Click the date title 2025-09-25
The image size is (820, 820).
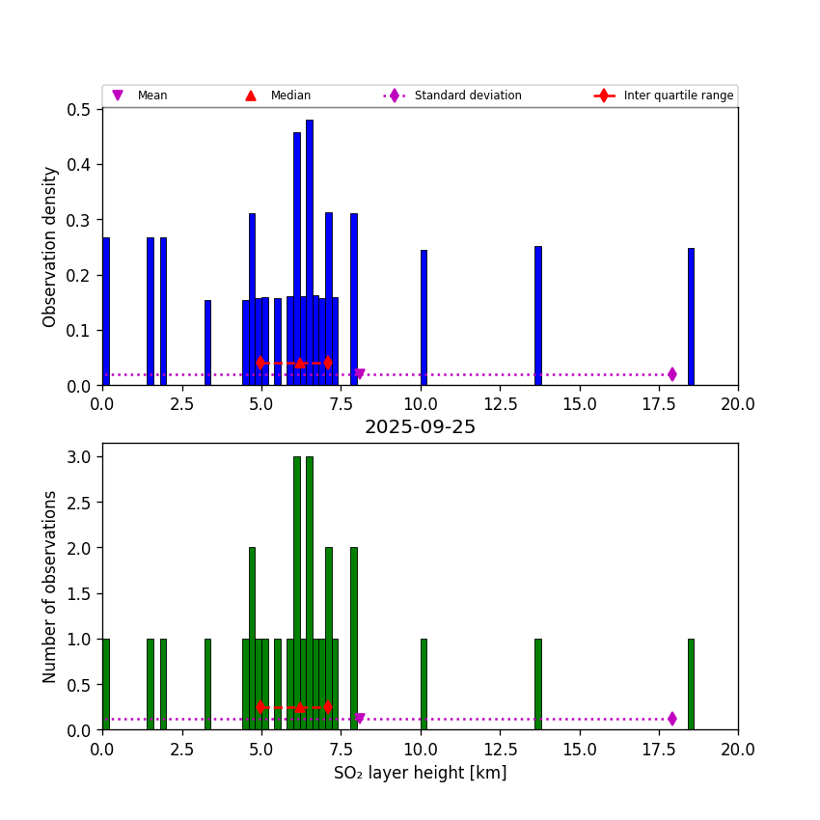(x=420, y=427)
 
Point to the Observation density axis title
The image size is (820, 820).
(x=50, y=246)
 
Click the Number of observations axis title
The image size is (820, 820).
(x=50, y=587)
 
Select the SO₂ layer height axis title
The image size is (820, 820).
(x=420, y=773)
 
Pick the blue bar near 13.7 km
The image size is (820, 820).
(x=537, y=315)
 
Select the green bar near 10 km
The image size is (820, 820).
(x=424, y=684)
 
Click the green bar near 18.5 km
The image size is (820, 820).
(x=691, y=684)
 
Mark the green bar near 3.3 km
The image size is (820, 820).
(x=207, y=684)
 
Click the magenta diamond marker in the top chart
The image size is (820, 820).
(x=672, y=374)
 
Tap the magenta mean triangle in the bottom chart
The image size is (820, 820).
(x=360, y=719)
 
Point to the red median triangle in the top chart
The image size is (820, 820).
(x=300, y=363)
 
